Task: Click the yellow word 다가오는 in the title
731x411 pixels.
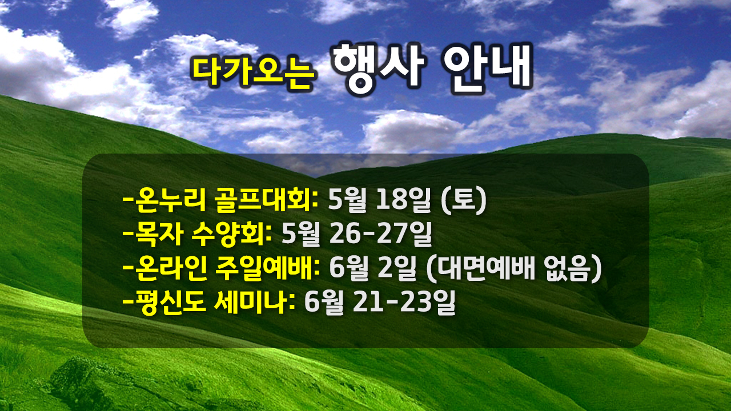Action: coord(252,72)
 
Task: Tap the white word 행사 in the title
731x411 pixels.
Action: coord(379,69)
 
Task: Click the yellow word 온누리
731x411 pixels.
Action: coord(170,200)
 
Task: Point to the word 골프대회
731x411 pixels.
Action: coord(266,200)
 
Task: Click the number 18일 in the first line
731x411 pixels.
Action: coord(404,200)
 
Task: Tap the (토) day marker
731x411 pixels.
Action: coord(464,201)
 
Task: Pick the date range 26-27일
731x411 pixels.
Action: coord(381,234)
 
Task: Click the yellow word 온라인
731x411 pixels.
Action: coord(171,268)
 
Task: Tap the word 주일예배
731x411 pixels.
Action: coord(268,268)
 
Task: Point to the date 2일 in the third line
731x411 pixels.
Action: coord(397,268)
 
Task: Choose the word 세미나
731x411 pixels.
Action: coord(252,303)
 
